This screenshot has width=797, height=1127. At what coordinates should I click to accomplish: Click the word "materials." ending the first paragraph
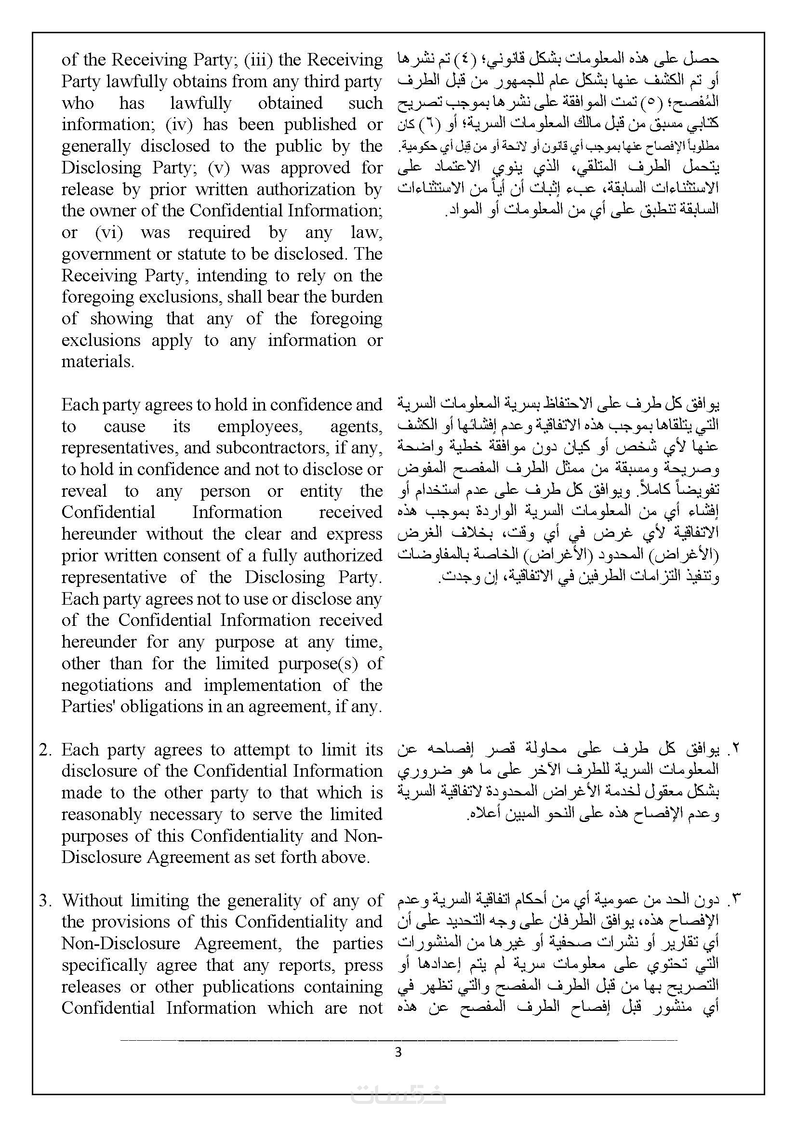pyautogui.click(x=98, y=362)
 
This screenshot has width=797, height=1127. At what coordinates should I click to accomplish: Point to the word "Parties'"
pyautogui.click(x=87, y=707)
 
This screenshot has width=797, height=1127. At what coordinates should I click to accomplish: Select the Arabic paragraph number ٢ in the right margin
pyautogui.click(x=735, y=750)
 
